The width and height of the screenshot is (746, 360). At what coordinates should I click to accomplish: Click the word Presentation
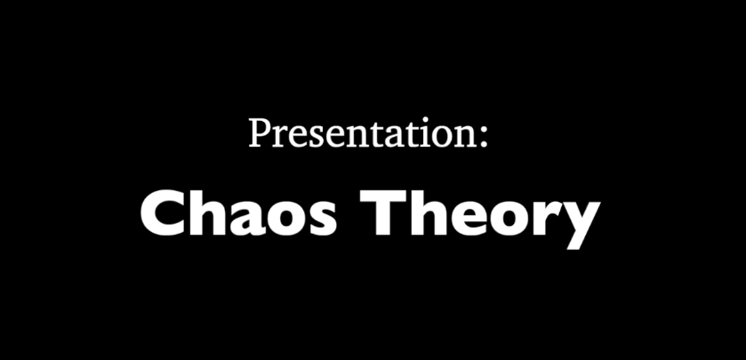tap(364, 132)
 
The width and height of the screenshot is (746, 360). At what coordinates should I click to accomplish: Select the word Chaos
tap(238, 212)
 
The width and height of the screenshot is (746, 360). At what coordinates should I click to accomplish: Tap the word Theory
tap(480, 219)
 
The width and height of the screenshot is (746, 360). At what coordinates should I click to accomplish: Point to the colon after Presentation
tap(485, 138)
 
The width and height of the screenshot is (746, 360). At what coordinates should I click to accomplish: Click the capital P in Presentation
tap(259, 132)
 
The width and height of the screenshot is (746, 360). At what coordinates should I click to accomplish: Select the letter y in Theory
tap(577, 224)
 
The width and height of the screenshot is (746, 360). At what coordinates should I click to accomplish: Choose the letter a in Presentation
tap(393, 138)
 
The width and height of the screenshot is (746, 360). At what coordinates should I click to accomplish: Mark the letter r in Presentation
tap(279, 137)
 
